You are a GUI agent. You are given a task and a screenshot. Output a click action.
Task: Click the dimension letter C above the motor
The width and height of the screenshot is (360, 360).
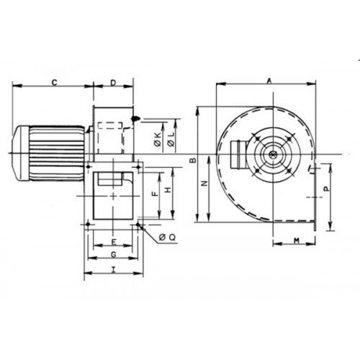[55, 83]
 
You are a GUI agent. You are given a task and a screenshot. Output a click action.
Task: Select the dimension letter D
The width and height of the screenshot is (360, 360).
[113, 83]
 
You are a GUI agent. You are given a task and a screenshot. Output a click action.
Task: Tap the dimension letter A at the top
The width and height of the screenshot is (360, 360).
[269, 81]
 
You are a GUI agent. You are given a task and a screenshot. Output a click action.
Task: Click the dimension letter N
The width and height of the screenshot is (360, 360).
[204, 184]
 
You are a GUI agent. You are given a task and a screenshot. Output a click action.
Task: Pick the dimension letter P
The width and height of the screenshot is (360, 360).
[326, 189]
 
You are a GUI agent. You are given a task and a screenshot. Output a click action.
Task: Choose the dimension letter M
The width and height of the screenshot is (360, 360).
[297, 240]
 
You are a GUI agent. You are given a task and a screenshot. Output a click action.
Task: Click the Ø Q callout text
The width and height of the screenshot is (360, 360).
[167, 238]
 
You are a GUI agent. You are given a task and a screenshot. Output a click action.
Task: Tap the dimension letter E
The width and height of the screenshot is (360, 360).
[114, 242]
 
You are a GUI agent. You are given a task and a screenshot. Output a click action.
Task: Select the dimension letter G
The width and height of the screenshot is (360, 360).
[114, 254]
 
